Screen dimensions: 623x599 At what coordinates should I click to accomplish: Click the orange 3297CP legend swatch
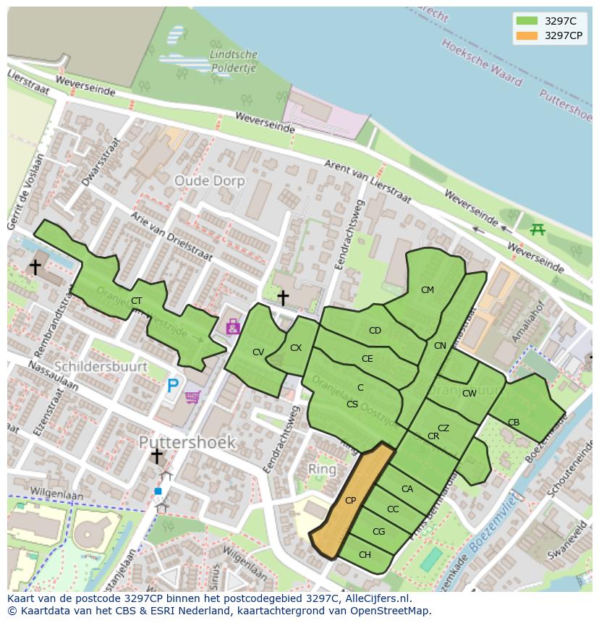click(x=527, y=35)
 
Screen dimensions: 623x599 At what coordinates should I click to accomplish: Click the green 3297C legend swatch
click(x=527, y=21)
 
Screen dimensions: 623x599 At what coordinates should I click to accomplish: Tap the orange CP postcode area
click(x=351, y=501)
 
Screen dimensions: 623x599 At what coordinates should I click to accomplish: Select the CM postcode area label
click(x=427, y=290)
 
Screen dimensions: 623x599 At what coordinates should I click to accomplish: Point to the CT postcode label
click(x=136, y=301)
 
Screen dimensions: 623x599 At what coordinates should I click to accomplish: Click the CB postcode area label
click(x=513, y=423)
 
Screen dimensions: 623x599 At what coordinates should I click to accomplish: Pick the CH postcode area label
click(x=365, y=555)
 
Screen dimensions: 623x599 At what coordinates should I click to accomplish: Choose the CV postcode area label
click(x=258, y=352)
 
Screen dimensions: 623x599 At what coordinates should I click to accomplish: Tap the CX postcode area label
click(x=295, y=348)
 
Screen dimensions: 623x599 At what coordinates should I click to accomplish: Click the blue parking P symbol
click(x=172, y=386)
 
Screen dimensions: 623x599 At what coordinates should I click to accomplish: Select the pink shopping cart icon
click(x=192, y=397)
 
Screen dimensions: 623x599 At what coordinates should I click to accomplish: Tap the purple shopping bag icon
click(x=232, y=327)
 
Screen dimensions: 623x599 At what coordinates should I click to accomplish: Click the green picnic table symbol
click(x=538, y=229)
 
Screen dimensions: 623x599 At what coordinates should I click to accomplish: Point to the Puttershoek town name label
click(x=187, y=441)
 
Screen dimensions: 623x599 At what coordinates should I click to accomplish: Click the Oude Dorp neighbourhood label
click(x=210, y=181)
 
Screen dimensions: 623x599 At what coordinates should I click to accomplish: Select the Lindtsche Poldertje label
click(x=233, y=62)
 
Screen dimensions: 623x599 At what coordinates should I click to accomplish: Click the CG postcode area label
click(x=378, y=532)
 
